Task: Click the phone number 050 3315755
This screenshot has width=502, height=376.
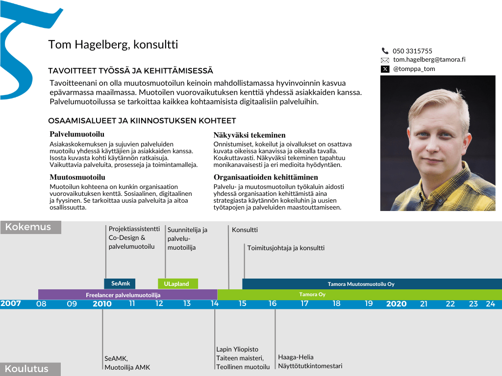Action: [412, 51]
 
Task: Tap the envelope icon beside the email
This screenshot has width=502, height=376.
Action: [385, 60]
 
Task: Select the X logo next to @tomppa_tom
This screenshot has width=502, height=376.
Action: [385, 69]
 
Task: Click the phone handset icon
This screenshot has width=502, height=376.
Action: [385, 51]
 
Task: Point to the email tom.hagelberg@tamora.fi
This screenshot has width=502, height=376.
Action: [429, 60]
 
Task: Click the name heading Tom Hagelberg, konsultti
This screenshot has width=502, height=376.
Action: [113, 45]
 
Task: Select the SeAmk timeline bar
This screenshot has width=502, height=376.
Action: [120, 283]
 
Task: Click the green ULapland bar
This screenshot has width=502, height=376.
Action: [177, 284]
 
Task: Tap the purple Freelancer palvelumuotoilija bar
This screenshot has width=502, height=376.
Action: [127, 295]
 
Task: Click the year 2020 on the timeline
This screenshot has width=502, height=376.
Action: [396, 304]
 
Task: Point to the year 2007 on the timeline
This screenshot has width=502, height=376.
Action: [11, 304]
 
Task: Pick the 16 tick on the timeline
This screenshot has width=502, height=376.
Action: [273, 304]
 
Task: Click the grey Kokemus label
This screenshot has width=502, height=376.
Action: [30, 227]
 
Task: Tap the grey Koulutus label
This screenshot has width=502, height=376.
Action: [30, 369]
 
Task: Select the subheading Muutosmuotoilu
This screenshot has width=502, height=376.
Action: [77, 177]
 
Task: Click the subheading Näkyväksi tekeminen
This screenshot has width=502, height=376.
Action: [250, 135]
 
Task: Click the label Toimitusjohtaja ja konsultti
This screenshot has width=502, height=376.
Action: [286, 248]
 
